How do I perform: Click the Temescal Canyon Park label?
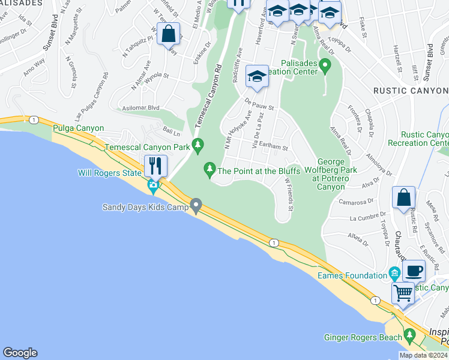[147, 146]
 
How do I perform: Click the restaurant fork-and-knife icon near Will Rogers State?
[155, 165]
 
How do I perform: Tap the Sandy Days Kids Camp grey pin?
[196, 207]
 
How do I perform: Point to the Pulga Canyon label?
[79, 128]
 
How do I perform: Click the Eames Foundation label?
[352, 275]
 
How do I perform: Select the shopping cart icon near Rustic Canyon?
[403, 293]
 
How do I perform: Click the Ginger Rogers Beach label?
[363, 337]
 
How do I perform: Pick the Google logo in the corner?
[20, 353]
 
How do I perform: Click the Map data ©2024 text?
[423, 355]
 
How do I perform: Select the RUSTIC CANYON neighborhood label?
[410, 91]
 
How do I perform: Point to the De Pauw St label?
[259, 104]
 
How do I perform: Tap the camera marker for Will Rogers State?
[153, 185]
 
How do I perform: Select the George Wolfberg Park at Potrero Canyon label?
[331, 174]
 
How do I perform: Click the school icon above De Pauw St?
[257, 76]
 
